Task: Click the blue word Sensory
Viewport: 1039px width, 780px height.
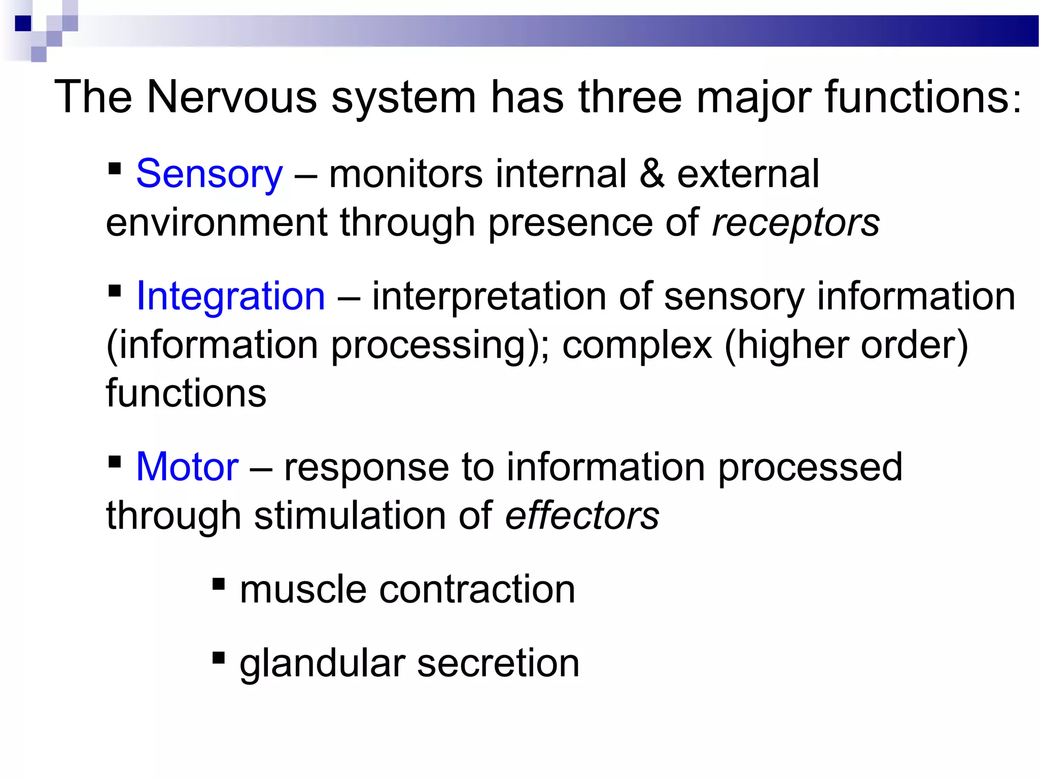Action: point(209,174)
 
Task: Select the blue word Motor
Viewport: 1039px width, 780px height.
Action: point(187,467)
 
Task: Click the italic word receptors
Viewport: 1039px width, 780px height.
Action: point(795,223)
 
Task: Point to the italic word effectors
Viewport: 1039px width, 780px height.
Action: point(582,515)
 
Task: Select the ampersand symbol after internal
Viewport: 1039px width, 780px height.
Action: point(652,174)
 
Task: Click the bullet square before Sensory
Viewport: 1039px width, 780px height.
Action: point(115,168)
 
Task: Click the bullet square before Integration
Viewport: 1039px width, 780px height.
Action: point(115,290)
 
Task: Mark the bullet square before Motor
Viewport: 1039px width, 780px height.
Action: point(115,461)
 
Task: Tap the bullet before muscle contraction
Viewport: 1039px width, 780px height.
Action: point(219,584)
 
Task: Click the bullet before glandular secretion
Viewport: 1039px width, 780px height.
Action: point(219,658)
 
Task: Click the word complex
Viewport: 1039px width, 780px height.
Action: point(637,346)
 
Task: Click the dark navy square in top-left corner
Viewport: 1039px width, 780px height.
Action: point(23,23)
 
